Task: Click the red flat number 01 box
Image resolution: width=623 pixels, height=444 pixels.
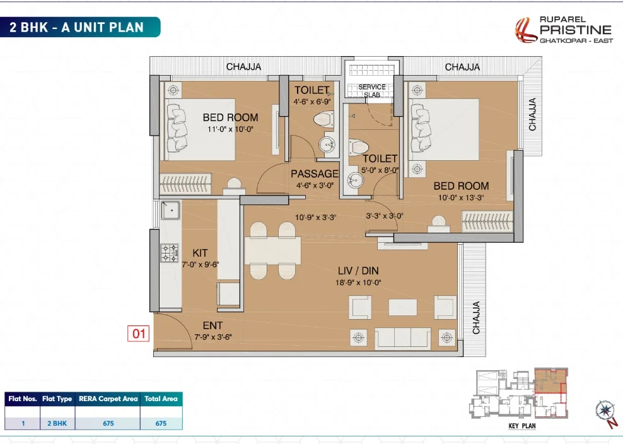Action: tap(138, 334)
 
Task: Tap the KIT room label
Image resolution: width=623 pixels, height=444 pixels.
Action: tap(200, 253)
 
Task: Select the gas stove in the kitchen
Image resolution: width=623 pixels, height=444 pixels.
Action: tap(170, 253)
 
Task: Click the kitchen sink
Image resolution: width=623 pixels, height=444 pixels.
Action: tap(170, 210)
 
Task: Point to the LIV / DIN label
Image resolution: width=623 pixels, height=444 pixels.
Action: tap(358, 271)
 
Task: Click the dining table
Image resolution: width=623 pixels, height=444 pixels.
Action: tap(272, 250)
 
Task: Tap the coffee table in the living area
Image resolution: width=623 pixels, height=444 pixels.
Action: tap(403, 307)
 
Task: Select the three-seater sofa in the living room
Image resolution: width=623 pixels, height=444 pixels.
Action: tap(402, 339)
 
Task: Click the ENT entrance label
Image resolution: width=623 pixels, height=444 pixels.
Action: tap(213, 325)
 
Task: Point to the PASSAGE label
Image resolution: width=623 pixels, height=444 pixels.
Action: tap(315, 173)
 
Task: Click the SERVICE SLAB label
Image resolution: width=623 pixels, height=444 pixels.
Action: tap(372, 91)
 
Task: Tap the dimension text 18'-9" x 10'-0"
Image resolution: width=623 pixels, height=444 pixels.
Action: tap(358, 283)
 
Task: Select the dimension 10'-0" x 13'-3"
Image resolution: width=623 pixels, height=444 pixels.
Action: tap(461, 197)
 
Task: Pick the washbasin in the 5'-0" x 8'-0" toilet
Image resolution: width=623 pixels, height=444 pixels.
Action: tap(355, 181)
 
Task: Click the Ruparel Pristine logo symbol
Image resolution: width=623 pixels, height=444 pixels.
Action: tap(526, 30)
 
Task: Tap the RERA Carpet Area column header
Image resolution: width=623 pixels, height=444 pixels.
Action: tap(108, 399)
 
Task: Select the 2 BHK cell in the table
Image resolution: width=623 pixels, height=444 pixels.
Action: tap(57, 423)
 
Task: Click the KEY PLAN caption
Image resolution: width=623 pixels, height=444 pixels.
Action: tap(522, 426)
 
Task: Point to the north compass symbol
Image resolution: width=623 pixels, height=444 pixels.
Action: tap(605, 410)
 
